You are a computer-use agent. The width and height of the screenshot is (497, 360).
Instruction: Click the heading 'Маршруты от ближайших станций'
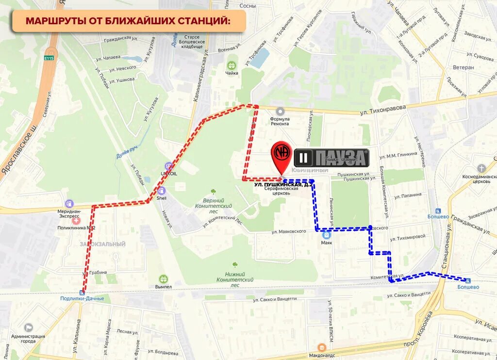128,21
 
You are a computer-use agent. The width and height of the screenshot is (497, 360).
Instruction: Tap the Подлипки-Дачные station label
82,298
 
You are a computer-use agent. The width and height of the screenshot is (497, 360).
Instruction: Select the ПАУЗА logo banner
331,158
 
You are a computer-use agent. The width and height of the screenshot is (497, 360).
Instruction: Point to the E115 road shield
48,58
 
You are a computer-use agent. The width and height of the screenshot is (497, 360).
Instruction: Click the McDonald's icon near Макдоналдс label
321,347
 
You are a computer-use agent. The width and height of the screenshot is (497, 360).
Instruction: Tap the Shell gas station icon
162,191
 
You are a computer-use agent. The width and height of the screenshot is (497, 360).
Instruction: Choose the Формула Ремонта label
280,121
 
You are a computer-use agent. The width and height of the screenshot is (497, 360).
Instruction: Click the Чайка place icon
232,65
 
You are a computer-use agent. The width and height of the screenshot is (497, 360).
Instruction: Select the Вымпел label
164,287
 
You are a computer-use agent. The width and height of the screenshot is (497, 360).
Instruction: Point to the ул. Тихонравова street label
382,111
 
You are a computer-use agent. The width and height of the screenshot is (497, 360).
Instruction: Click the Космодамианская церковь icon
481,168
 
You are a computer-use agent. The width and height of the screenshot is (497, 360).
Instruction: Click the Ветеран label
463,67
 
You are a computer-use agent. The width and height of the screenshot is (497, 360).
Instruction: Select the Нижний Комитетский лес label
235,279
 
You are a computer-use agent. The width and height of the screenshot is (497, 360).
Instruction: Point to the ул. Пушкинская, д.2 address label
283,185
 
